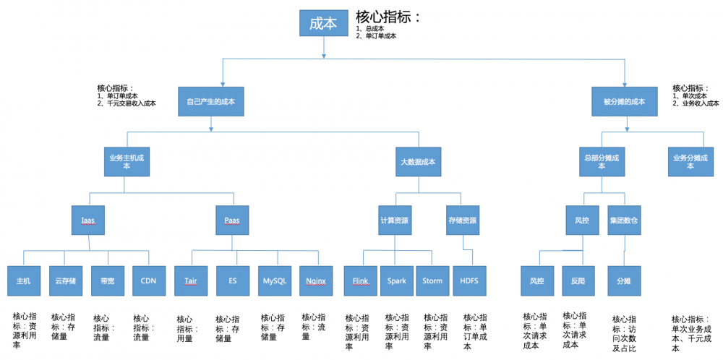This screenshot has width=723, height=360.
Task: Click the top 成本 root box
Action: (x=322, y=22)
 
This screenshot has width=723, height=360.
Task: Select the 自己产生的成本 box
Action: (x=210, y=101)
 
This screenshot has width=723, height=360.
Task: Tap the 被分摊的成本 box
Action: (x=624, y=101)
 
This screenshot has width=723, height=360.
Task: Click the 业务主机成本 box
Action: (x=127, y=161)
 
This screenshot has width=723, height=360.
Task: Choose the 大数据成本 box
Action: (x=418, y=161)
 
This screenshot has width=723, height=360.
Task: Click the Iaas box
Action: (x=88, y=220)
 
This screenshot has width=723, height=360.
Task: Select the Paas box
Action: (x=232, y=220)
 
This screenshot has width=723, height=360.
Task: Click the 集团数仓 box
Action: (x=624, y=220)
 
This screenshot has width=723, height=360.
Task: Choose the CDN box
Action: (x=148, y=280)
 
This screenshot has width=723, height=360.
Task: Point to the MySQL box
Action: (x=275, y=280)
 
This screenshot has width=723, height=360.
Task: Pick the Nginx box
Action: (x=315, y=280)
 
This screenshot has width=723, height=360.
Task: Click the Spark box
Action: (x=396, y=280)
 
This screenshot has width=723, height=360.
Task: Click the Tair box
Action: (x=191, y=280)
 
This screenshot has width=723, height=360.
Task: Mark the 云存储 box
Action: (x=65, y=280)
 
